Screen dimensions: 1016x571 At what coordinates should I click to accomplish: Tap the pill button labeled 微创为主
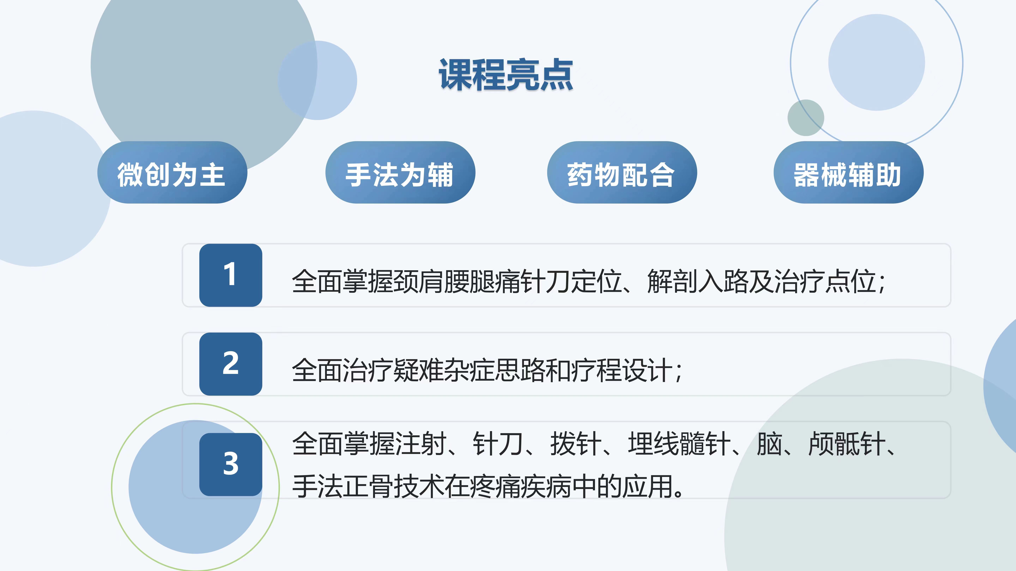point(172,172)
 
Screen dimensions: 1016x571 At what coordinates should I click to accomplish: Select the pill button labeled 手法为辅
point(400,172)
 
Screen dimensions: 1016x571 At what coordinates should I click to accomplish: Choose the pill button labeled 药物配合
point(622,172)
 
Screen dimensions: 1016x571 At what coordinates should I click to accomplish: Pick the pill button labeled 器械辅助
point(848,172)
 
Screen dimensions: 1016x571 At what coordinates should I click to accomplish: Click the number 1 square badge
point(231,275)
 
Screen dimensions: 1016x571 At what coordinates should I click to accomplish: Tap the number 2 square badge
point(231,364)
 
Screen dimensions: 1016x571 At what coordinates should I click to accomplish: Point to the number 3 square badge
point(231,464)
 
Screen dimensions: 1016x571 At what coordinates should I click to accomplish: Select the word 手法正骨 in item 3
point(342,486)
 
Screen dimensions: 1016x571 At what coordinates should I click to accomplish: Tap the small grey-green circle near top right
point(806,117)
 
